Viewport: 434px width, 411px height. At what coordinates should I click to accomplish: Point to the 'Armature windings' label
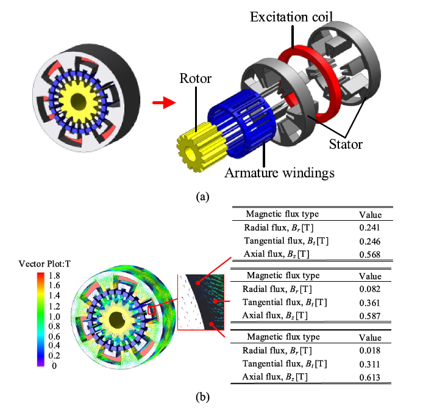click(x=280, y=173)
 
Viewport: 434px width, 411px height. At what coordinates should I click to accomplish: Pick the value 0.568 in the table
click(x=369, y=256)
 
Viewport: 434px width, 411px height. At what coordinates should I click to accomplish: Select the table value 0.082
click(x=369, y=289)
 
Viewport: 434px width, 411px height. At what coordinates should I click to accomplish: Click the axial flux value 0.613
click(x=369, y=377)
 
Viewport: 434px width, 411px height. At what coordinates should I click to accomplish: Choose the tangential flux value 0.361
click(x=369, y=302)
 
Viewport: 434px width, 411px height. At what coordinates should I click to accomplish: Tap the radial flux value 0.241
click(x=369, y=228)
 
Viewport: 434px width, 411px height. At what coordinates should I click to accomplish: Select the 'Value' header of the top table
click(x=369, y=215)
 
